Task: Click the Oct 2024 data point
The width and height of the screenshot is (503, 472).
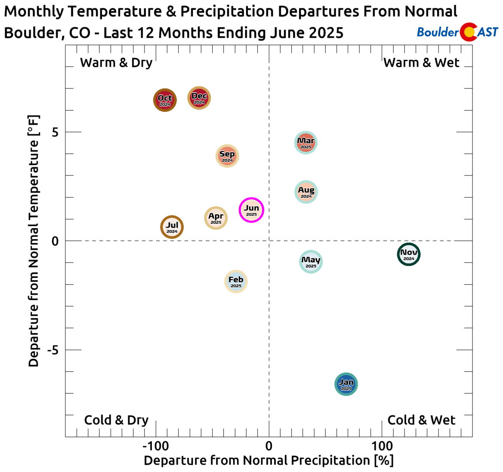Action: point(165,100)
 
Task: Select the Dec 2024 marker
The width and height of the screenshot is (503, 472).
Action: point(199,98)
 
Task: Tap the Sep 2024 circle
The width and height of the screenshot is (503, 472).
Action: point(227,156)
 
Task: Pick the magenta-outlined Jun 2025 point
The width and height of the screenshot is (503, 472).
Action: point(251,210)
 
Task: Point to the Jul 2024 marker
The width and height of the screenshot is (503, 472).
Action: point(172,227)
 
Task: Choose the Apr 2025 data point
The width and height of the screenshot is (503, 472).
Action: point(216,218)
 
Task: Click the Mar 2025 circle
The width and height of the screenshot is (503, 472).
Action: point(306,142)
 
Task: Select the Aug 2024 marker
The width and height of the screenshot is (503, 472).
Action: point(306,191)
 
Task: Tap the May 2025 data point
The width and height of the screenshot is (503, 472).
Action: point(311,262)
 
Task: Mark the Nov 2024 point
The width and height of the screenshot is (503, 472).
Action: point(409,254)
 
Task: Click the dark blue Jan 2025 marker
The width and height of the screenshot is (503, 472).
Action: point(346,384)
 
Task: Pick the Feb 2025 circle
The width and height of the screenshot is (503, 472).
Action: point(236,281)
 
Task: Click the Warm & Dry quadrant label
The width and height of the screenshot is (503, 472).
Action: point(116,63)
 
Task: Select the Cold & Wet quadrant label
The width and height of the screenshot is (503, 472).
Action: point(421,420)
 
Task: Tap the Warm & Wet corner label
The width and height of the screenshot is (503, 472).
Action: point(422,63)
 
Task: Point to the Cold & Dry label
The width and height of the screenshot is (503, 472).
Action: point(116,420)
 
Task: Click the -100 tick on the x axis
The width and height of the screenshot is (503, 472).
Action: point(155,446)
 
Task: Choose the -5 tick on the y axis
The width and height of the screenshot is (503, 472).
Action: point(52,350)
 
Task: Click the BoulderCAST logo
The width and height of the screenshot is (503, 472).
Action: point(458,32)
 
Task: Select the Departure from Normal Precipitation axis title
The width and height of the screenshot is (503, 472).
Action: point(268,461)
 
